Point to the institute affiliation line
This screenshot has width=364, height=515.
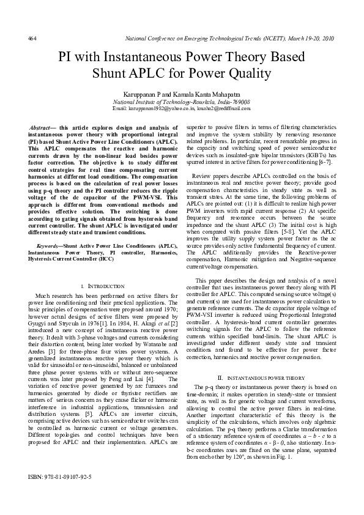point(182,102)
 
